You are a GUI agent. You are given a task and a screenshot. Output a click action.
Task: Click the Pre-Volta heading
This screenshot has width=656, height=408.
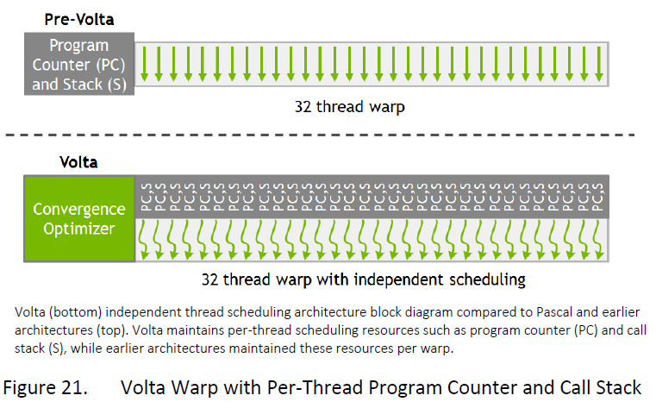pos(78,17)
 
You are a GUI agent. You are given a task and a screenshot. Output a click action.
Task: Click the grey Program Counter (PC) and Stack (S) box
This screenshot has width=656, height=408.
pos(78,63)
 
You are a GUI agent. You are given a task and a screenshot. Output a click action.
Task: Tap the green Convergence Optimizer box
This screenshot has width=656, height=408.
pos(79,219)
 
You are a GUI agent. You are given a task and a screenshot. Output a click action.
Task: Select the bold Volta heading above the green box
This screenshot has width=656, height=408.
pos(78,161)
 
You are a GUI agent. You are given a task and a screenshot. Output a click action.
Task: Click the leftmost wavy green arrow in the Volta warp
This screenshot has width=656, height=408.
pos(145,240)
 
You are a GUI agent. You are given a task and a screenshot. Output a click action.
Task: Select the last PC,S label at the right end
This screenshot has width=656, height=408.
pos(599,197)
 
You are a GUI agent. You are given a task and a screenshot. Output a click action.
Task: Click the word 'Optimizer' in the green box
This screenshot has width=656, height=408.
pos(79,229)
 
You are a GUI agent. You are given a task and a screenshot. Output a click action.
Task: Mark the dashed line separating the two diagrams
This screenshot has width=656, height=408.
pos(328,135)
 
